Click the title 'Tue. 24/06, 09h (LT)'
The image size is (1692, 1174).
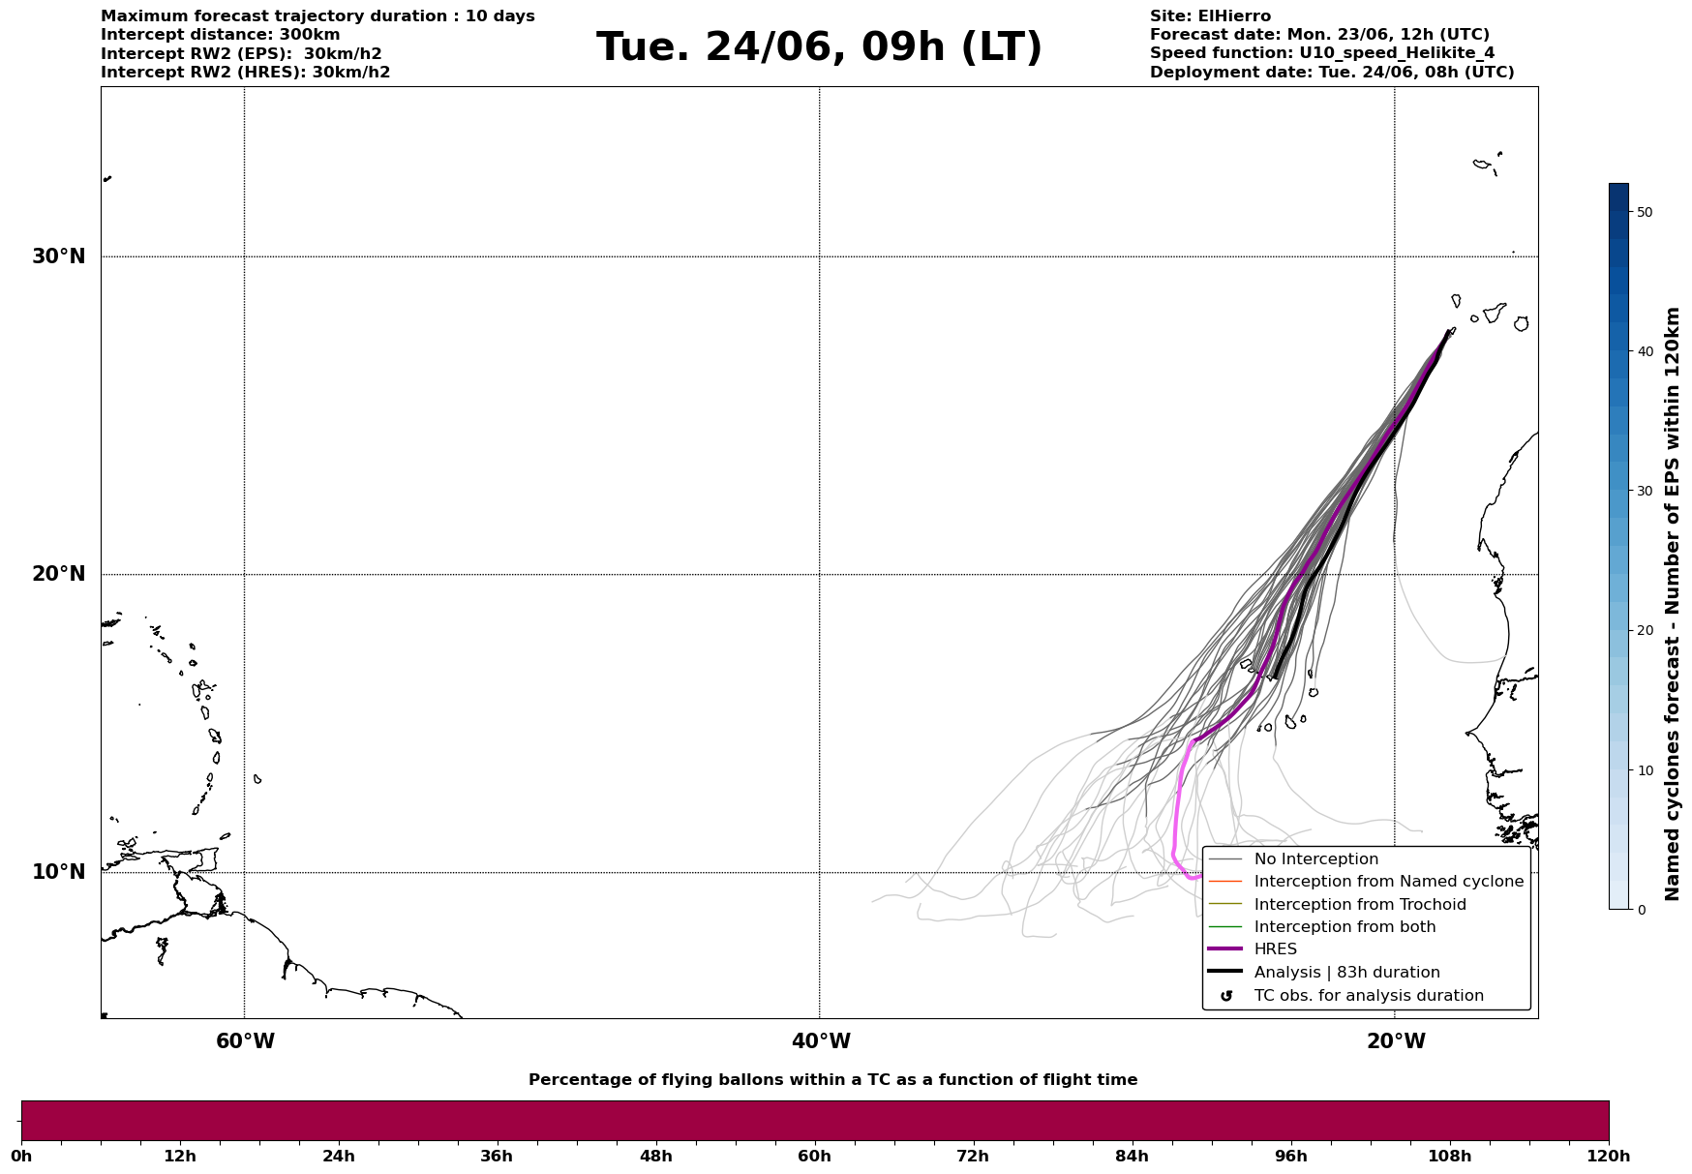point(819,47)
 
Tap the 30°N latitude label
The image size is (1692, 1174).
point(58,256)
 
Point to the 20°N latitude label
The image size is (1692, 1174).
point(58,574)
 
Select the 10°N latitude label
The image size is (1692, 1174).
point(58,872)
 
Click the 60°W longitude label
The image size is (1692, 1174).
point(245,1041)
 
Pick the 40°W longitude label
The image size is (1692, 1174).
point(821,1041)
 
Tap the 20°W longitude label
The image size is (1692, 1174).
point(1396,1041)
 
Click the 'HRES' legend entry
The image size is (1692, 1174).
point(1275,949)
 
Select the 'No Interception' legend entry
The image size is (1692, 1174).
point(1315,859)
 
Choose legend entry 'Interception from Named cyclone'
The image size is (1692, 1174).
point(1388,882)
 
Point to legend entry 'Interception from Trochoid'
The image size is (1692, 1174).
point(1359,905)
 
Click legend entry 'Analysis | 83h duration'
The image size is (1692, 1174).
point(1346,973)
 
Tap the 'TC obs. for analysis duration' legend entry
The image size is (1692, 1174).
point(1368,996)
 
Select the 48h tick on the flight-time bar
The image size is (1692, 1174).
point(655,1156)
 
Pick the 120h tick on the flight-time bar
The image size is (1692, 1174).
point(1609,1156)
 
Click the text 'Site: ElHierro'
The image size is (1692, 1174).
point(1210,16)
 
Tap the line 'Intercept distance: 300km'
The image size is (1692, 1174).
point(220,35)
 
